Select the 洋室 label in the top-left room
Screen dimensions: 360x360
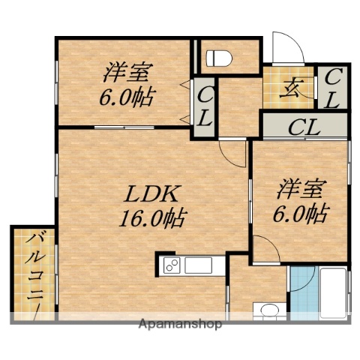129,73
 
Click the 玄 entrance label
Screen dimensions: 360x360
291,88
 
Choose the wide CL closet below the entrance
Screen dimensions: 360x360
304,125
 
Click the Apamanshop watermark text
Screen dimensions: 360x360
180,325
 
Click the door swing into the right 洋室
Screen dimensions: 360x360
264,244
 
